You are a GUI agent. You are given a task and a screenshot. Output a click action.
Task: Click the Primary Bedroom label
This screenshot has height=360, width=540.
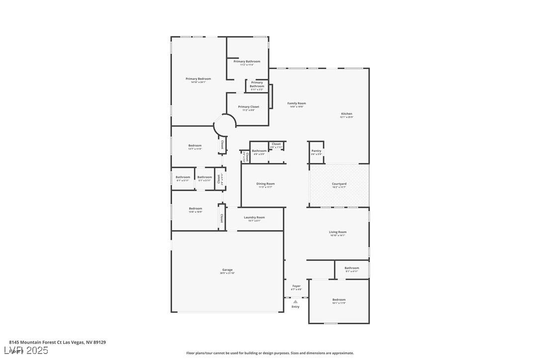point(198,79)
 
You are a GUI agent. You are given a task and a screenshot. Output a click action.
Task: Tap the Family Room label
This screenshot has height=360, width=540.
point(297,103)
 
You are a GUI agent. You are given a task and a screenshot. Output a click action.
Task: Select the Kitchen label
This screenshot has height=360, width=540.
point(347,114)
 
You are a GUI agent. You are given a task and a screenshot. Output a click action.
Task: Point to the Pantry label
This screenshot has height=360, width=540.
point(316,151)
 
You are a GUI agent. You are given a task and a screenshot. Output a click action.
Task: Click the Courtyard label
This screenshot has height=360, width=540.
point(339,184)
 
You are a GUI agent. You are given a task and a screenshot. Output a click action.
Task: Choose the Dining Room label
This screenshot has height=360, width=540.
point(266,184)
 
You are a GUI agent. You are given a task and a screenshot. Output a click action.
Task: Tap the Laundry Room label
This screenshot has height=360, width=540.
point(254,217)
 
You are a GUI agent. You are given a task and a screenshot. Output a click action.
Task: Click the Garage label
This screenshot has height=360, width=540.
point(227,270)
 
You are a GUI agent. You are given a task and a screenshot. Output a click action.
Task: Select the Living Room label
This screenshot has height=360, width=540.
point(338,232)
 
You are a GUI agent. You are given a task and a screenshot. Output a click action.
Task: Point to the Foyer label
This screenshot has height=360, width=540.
point(296,286)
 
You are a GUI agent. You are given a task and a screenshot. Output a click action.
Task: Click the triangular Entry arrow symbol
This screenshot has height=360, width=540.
point(295,301)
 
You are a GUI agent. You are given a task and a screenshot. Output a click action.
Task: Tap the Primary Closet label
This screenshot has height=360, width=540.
point(248,107)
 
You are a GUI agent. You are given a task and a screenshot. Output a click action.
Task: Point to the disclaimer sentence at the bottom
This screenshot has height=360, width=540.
point(270,353)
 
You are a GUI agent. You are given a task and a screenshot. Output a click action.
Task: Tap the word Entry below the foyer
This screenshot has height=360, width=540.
point(295,307)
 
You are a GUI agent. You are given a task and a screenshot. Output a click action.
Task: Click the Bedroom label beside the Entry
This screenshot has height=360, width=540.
point(339,300)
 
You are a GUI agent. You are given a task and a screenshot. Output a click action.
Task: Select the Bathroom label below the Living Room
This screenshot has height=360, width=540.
point(352,268)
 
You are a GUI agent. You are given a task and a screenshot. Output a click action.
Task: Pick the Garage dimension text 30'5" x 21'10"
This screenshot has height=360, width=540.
point(227,273)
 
